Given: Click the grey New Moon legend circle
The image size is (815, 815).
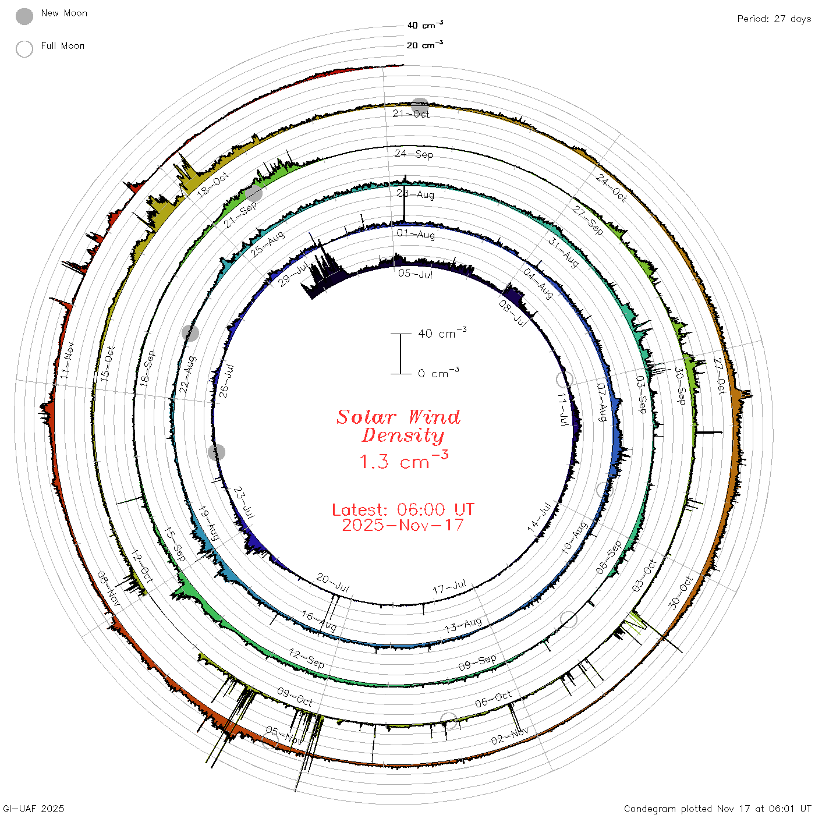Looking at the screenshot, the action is click(24, 16).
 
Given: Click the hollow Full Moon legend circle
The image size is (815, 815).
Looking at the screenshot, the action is click(24, 49).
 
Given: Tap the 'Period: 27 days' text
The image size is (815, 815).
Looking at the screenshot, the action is click(774, 19).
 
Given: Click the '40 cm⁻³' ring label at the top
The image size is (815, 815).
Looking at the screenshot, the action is click(425, 24).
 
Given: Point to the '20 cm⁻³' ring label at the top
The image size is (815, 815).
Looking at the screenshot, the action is click(425, 44).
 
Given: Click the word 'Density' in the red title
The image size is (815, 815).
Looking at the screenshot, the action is click(403, 435).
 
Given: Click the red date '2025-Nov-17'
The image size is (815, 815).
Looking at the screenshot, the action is click(403, 525).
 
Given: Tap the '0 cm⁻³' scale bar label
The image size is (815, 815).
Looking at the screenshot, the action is click(438, 373).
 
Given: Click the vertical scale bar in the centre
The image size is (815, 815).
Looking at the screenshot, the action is click(401, 353).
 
